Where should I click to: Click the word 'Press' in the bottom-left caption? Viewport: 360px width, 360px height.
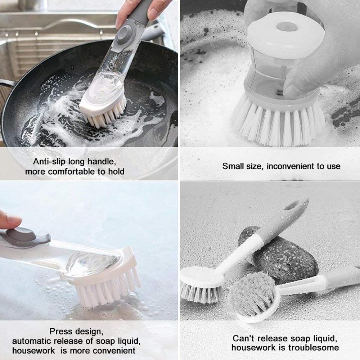click(62, 331)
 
